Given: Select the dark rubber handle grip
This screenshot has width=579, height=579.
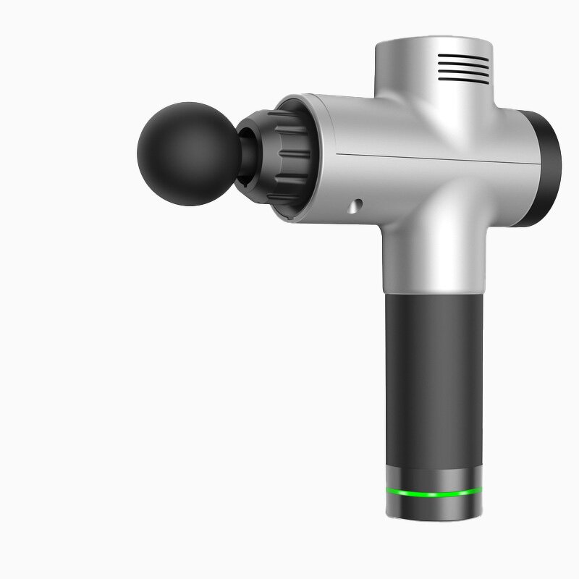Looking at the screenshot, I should (433, 376).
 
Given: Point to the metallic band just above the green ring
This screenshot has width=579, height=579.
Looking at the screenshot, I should (433, 478).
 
